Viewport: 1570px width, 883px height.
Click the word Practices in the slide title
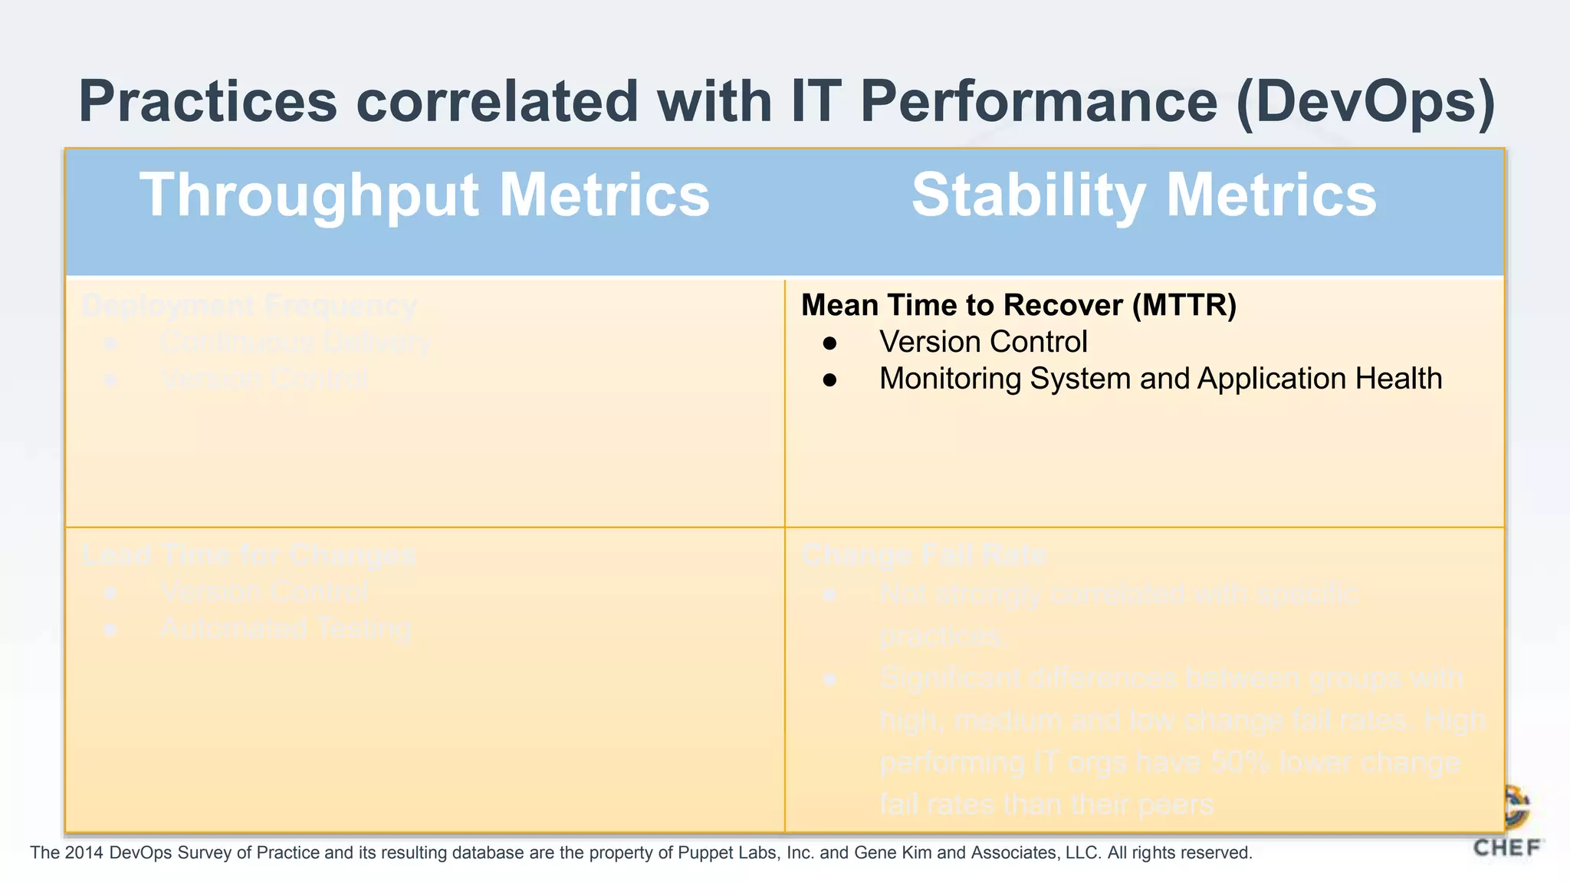point(208,102)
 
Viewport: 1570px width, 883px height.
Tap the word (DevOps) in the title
point(1365,102)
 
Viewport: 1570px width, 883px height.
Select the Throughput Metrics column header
point(425,195)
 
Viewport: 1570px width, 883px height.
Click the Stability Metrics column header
point(1144,195)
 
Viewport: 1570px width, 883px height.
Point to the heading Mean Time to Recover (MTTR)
point(1019,305)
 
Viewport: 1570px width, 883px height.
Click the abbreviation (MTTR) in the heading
point(1184,305)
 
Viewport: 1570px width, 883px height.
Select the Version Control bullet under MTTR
point(983,342)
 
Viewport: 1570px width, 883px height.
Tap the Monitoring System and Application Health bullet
point(1160,379)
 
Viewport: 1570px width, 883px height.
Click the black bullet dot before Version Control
point(829,343)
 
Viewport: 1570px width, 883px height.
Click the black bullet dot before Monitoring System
point(829,380)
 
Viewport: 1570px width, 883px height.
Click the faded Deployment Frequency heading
point(249,305)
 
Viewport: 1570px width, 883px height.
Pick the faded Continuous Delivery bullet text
point(295,342)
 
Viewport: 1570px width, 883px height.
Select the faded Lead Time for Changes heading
point(249,554)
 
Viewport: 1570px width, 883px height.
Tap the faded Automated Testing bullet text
point(286,629)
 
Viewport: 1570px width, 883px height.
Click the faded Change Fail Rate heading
point(924,554)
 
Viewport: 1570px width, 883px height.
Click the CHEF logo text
point(1507,848)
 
